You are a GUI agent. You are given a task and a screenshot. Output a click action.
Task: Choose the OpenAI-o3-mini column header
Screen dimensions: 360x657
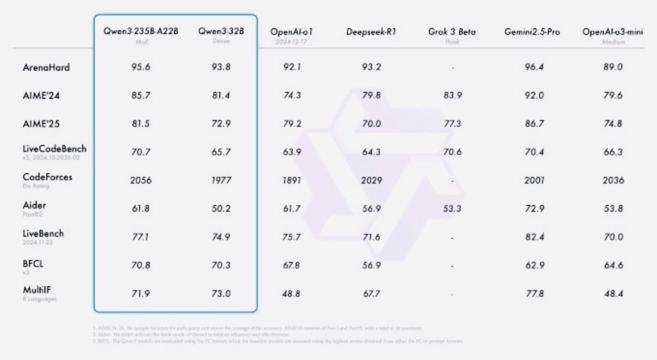point(605,33)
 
